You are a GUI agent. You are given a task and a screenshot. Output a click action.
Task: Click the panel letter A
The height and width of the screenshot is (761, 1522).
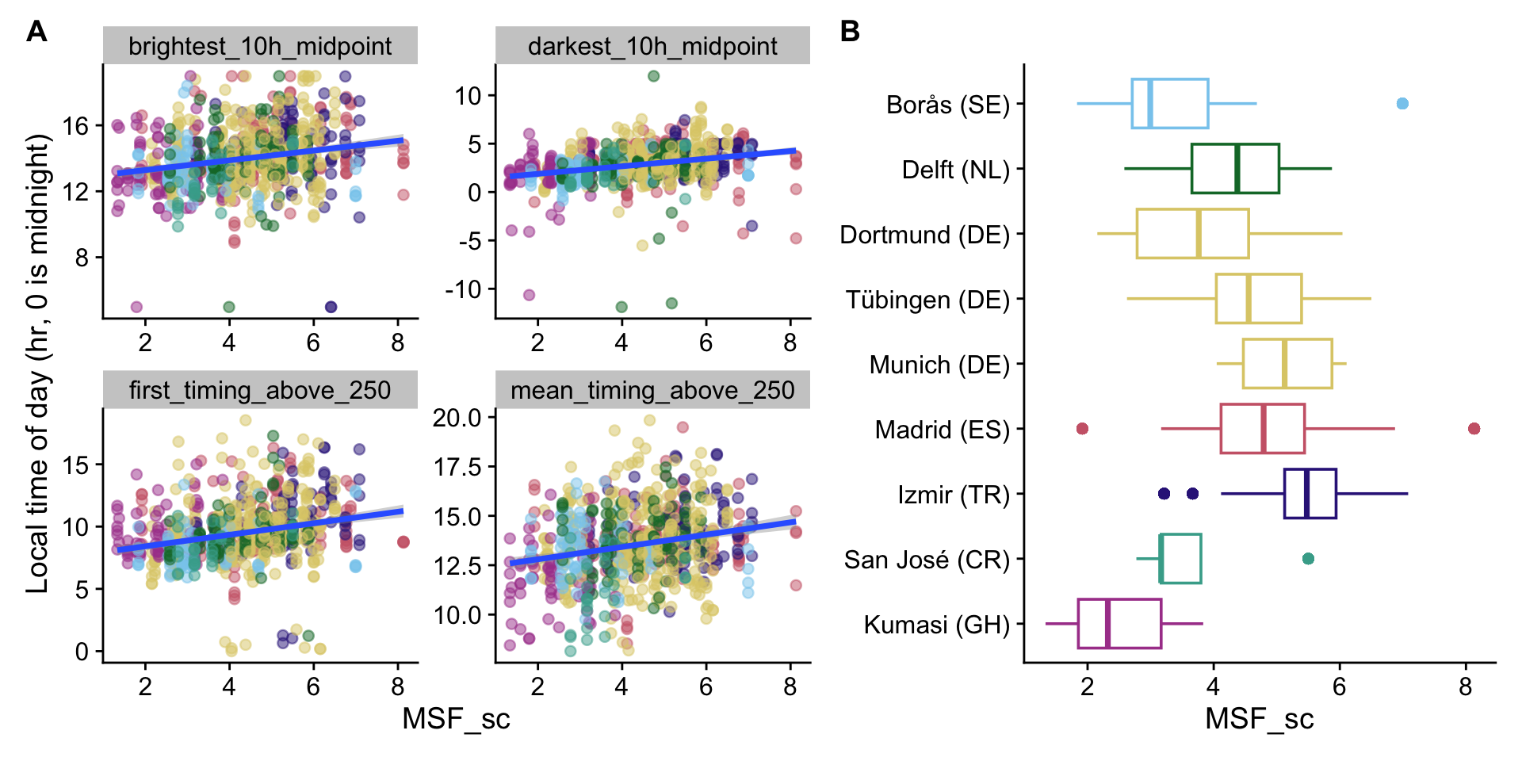pos(36,32)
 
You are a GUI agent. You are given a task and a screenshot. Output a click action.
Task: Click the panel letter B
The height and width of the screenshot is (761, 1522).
pos(850,32)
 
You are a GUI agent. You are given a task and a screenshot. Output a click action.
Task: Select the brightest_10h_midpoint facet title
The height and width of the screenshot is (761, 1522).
pos(260,46)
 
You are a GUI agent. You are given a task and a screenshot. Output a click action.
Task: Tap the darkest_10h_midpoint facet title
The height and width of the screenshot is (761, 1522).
pos(652,46)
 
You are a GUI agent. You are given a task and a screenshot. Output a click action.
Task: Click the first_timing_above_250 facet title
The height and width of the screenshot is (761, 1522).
pos(260,390)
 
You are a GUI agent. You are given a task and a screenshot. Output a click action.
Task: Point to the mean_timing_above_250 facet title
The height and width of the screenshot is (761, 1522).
pos(652,390)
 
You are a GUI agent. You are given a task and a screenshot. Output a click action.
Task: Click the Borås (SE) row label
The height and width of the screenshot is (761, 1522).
pos(947,105)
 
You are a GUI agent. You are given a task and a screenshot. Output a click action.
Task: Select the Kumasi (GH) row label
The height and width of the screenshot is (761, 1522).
pos(936,625)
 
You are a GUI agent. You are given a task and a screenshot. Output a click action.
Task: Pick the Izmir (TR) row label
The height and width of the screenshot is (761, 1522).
pos(953,495)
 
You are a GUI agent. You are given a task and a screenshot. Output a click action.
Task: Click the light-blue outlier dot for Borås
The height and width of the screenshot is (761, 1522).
pos(1402,104)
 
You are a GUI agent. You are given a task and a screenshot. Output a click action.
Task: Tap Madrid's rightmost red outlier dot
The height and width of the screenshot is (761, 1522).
pos(1474,429)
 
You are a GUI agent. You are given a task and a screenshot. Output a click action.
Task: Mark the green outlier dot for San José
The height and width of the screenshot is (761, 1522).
pos(1308,559)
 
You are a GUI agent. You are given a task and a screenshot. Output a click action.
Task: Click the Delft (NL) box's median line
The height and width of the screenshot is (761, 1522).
pos(1237,169)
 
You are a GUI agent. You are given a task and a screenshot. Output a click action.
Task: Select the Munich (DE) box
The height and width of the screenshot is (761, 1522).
pos(1287,364)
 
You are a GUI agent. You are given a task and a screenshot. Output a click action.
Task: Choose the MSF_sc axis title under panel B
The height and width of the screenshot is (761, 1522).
pos(1259,719)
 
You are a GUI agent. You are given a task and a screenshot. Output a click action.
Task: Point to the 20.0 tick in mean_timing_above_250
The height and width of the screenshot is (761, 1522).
pos(457,418)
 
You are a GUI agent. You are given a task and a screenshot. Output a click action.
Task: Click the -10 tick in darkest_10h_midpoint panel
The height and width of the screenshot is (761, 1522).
pos(462,289)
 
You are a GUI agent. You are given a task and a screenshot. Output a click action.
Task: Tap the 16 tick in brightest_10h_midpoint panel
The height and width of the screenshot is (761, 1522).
pos(76,126)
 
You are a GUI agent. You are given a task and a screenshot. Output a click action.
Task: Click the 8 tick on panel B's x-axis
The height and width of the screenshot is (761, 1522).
pos(1465,686)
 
